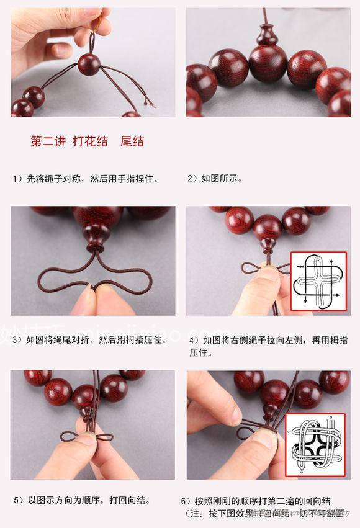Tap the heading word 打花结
point(86,141)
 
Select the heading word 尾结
point(132,141)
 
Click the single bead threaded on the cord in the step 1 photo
point(89,64)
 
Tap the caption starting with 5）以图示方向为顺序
point(81,500)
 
